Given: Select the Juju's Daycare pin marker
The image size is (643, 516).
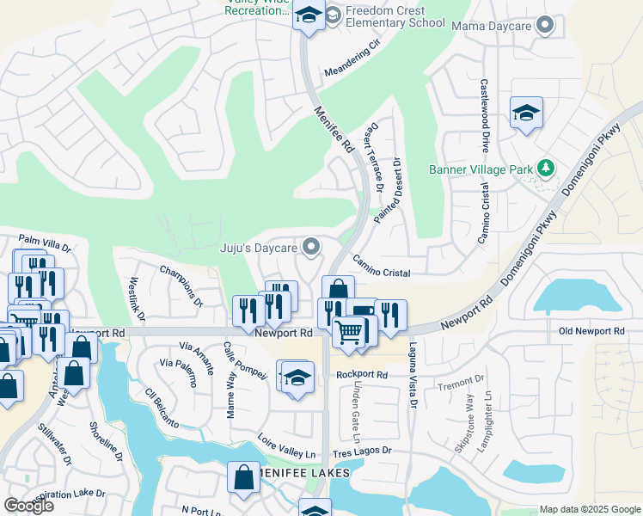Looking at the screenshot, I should (x=311, y=248).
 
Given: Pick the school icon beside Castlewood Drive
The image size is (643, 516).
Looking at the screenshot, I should (x=526, y=114).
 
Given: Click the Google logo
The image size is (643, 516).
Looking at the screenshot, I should (x=28, y=506).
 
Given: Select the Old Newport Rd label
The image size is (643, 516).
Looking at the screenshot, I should (x=591, y=331).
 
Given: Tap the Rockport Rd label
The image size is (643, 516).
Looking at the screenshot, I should (x=362, y=375).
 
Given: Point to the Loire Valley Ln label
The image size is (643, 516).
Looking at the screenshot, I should (x=287, y=447).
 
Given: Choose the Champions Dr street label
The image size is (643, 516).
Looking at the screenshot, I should (x=181, y=286).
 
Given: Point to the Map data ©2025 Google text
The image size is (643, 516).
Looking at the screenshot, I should (x=589, y=509).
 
